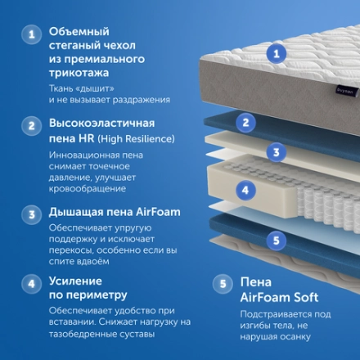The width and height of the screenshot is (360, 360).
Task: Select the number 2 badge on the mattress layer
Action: pos(244,123)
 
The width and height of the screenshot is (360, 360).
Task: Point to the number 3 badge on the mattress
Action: pos(277,151)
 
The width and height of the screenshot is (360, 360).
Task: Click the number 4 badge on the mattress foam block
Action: pos(242,190)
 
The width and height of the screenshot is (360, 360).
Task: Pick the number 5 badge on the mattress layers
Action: pos(277,240)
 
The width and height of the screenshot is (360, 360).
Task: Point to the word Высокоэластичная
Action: pos(104,124)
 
